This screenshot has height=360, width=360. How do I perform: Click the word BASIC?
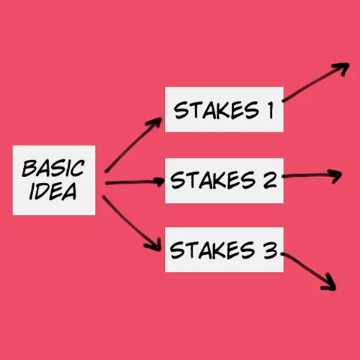53,168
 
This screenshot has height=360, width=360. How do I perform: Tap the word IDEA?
53,192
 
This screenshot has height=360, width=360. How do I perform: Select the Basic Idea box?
54,180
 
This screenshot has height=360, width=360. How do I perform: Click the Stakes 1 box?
224,109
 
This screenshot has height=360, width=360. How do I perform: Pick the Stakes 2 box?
224,181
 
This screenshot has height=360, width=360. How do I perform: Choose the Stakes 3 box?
224,250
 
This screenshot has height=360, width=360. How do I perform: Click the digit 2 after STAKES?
270,180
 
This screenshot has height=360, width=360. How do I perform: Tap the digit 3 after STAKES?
271,250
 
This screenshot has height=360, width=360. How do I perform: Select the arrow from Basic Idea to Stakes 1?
133,145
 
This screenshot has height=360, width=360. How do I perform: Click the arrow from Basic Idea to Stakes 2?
135,182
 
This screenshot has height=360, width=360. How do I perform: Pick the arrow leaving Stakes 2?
312,176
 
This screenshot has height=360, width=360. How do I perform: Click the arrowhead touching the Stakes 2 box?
160,181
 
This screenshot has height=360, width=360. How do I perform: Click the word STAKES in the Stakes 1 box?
217,110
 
